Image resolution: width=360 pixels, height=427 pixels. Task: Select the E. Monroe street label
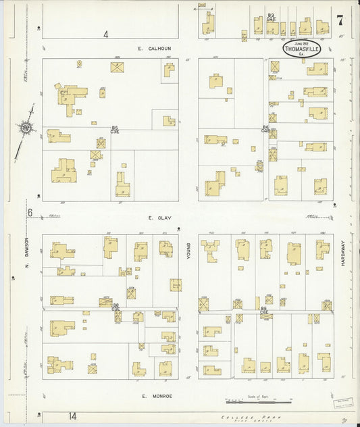point(155,395)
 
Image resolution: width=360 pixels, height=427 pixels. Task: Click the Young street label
point(189,253)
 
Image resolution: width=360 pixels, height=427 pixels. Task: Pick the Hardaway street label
point(342,253)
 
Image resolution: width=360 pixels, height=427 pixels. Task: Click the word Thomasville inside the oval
point(301,48)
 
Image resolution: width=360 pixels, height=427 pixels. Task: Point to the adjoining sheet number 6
point(30,212)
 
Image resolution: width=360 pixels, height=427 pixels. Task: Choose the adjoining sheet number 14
point(72,414)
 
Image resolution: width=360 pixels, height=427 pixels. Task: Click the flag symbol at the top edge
point(201,6)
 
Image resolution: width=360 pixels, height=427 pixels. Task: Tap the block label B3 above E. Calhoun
point(270,15)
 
